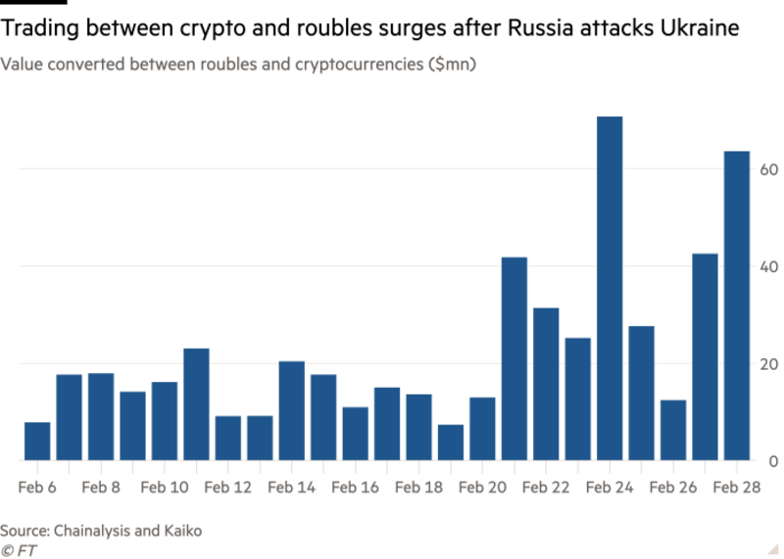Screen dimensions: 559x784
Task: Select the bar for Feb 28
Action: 736,303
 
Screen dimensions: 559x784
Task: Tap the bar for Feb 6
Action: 36,440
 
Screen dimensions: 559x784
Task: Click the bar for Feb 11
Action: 196,402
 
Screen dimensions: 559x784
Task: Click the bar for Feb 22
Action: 546,382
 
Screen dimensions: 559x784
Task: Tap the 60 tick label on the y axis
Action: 768,169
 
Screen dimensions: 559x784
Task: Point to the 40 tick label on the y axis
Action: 768,266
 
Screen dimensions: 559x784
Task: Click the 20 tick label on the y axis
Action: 768,363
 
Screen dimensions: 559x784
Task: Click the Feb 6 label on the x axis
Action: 36,485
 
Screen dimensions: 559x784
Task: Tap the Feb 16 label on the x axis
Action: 355,485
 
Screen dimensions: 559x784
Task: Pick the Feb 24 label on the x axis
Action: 609,485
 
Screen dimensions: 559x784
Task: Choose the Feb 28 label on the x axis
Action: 736,485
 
